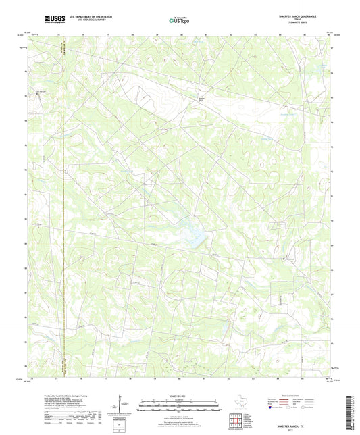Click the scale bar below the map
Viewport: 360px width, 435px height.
[x=179, y=407]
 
